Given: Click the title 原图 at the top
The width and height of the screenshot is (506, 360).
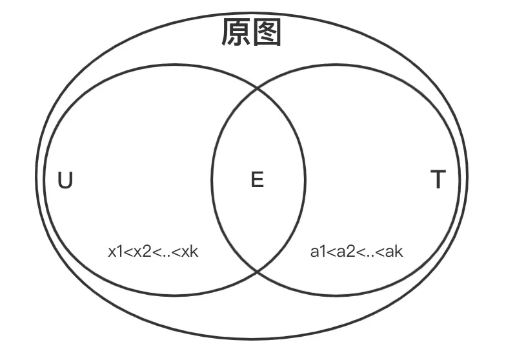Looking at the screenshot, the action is [x=252, y=33].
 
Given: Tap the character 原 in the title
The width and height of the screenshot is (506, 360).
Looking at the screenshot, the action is [x=236, y=33].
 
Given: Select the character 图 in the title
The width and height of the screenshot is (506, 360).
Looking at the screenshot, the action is [x=267, y=33].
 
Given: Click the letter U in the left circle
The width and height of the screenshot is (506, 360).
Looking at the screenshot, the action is [x=65, y=181].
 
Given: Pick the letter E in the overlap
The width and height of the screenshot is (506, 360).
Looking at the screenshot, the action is [x=257, y=181].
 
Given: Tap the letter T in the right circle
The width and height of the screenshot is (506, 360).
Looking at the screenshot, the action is [x=438, y=181].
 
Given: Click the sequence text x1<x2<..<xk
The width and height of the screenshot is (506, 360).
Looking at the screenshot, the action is [x=154, y=252].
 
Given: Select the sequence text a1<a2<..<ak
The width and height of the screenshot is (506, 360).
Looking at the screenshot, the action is [x=356, y=252].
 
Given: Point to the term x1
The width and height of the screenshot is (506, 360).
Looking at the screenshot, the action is [x=116, y=252].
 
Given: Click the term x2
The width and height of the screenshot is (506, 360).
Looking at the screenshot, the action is [x=141, y=252].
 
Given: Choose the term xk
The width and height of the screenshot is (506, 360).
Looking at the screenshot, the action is [x=190, y=252].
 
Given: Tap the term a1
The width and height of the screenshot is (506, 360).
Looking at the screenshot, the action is [x=316, y=252].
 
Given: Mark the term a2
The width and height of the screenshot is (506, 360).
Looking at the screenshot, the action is [x=343, y=252].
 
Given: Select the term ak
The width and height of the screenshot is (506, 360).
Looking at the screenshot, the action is [x=393, y=252].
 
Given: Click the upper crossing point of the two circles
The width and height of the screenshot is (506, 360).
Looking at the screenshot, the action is [x=258, y=88].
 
